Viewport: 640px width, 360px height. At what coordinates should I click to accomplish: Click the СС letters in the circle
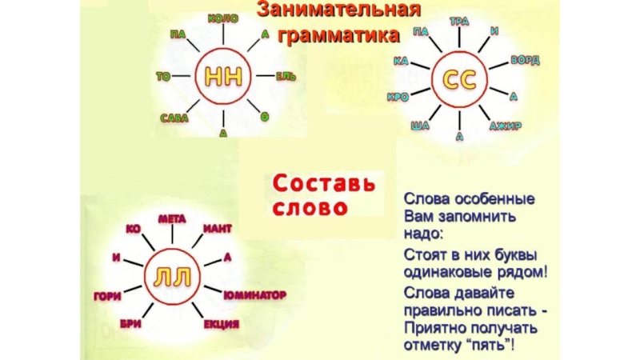click(458, 80)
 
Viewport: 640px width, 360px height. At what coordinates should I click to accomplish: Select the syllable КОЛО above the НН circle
click(223, 18)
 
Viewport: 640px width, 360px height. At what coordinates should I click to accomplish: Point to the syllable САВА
click(174, 118)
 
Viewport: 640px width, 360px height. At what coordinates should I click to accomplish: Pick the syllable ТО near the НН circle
click(163, 77)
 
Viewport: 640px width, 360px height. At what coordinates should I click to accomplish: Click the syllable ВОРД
click(525, 60)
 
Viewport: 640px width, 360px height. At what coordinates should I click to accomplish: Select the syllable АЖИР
click(506, 126)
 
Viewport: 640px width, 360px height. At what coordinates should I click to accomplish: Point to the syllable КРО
click(398, 98)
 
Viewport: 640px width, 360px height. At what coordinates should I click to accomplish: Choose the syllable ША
click(420, 126)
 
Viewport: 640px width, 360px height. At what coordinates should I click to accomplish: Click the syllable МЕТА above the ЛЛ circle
click(172, 218)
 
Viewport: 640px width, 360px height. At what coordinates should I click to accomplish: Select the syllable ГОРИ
click(107, 295)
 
